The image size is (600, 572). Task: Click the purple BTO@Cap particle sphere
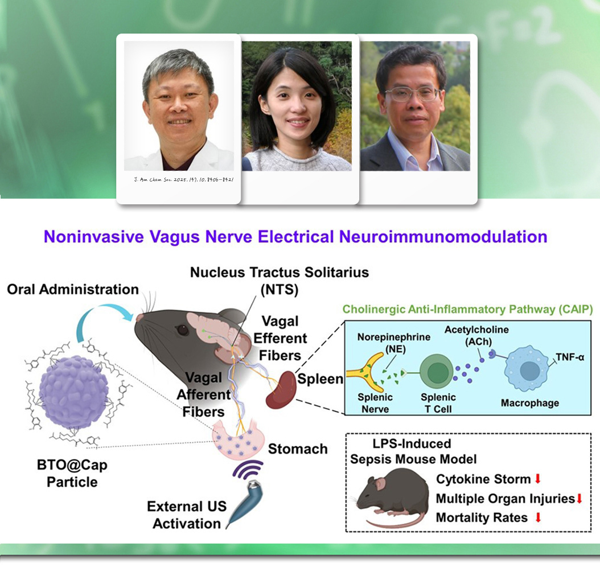point(74,392)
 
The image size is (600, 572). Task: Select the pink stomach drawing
point(238,440)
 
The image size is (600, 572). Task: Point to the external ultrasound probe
point(245,503)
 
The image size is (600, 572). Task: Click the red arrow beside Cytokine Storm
point(537,478)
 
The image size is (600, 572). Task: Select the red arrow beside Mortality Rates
point(538,517)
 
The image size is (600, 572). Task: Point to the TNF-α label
point(570,357)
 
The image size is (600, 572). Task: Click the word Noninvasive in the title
point(93,236)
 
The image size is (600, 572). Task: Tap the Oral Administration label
point(73,289)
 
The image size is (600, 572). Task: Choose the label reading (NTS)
point(280,289)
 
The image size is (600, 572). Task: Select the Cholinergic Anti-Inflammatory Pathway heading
point(467,309)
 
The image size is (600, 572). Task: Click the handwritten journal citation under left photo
point(184,179)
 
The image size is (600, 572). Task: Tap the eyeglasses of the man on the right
point(412,94)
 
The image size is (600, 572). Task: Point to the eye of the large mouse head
point(183,329)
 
